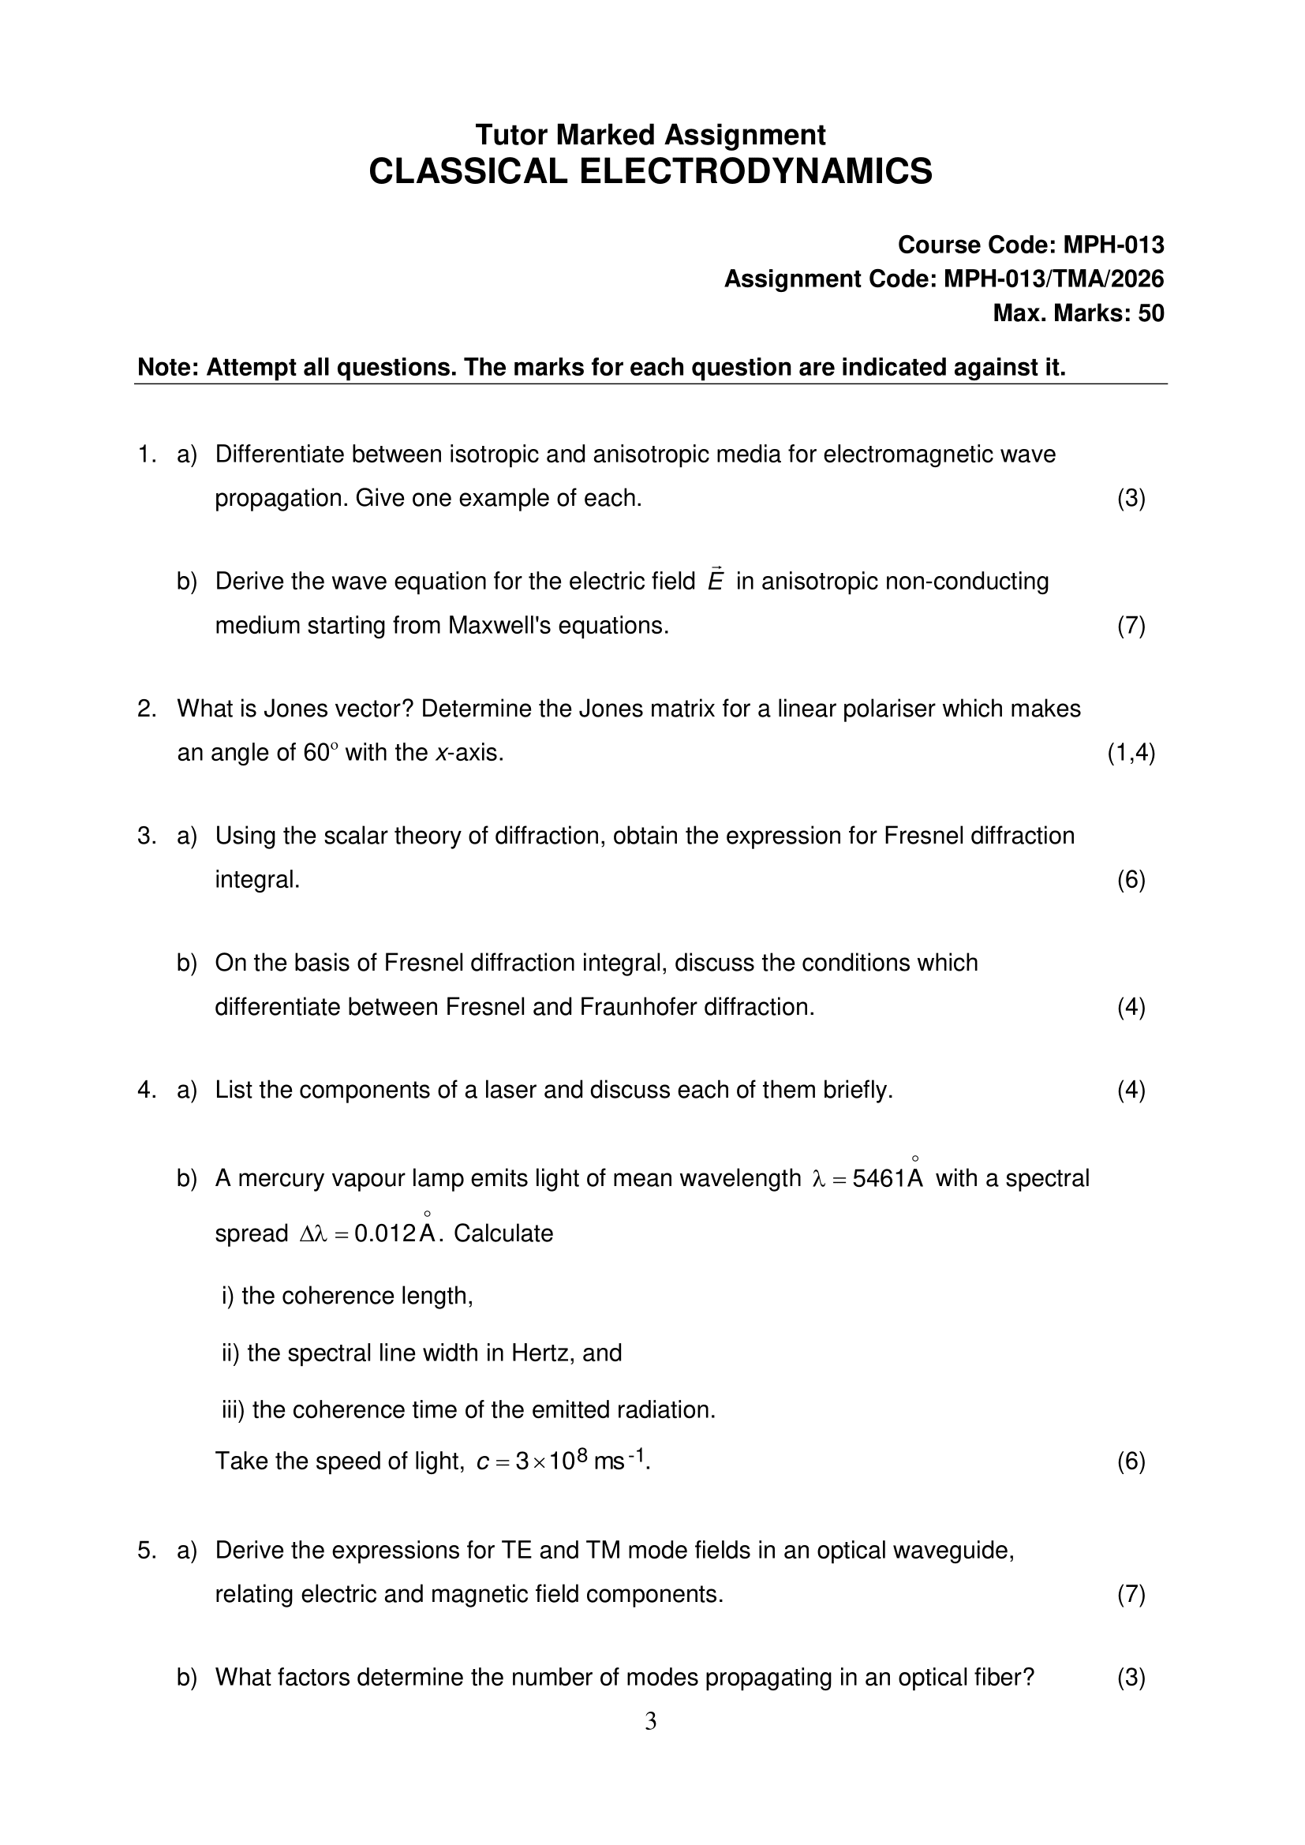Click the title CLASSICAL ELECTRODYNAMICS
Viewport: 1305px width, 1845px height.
click(x=650, y=172)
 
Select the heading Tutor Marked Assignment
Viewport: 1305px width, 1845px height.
click(x=650, y=134)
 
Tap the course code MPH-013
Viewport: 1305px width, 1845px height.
click(x=1113, y=245)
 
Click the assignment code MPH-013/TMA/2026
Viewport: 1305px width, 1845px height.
click(x=1053, y=279)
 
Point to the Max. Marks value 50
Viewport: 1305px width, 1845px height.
click(x=1150, y=313)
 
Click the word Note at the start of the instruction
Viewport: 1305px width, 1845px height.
click(x=166, y=367)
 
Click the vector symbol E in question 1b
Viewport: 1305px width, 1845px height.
click(x=715, y=581)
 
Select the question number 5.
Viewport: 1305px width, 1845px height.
click(x=145, y=1550)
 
